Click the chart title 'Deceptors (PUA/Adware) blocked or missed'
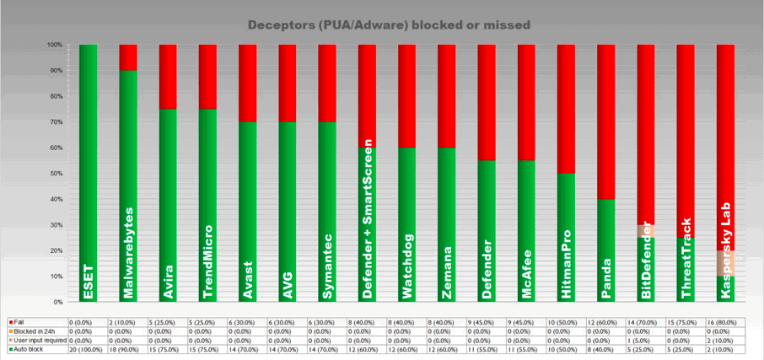coord(389,25)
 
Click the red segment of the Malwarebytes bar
coord(127,56)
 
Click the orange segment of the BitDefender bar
coord(645,230)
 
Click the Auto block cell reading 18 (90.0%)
coord(127,348)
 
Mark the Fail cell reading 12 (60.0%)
coord(605,321)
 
